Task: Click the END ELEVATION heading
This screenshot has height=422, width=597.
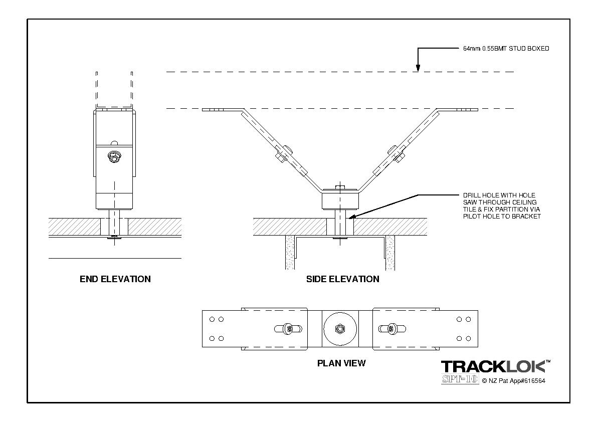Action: tap(115, 279)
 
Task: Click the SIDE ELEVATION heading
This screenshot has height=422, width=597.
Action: tap(342, 279)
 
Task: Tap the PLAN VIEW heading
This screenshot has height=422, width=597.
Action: tap(341, 363)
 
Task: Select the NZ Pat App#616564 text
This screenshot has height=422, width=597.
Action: tap(513, 381)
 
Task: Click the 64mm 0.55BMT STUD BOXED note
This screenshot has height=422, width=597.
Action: tap(506, 49)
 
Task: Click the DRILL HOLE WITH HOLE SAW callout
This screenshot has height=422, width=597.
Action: tap(502, 205)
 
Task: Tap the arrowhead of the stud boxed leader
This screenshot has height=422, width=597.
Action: tap(417, 70)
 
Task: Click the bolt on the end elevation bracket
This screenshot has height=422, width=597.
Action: tap(114, 157)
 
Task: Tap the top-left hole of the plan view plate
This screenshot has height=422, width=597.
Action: tap(213, 319)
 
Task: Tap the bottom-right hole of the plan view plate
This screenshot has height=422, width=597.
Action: tap(468, 338)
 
